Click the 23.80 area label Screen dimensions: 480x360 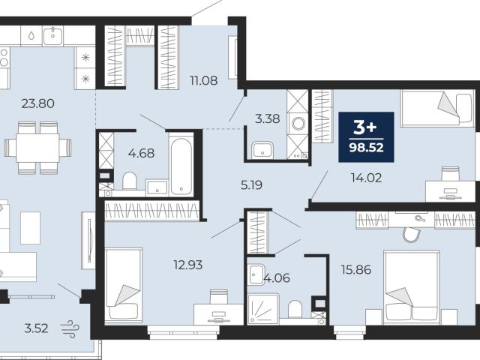(x=38, y=103)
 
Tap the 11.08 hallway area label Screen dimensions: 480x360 (x=204, y=81)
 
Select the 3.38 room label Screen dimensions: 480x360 (x=267, y=118)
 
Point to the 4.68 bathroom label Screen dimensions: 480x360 (x=141, y=153)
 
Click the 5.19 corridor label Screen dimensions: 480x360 (x=251, y=185)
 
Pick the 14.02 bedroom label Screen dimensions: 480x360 (x=367, y=178)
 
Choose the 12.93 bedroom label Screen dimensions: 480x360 (x=188, y=265)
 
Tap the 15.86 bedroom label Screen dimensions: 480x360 (x=356, y=270)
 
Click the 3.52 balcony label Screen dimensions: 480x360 (x=36, y=328)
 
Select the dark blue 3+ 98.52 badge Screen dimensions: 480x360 (x=366, y=137)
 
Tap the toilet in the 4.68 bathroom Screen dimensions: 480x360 (x=130, y=181)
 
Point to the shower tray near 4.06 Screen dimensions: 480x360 (x=263, y=309)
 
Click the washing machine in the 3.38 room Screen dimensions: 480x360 (x=298, y=124)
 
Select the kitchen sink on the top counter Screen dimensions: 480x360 (x=53, y=35)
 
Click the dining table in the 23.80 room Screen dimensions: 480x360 (x=37, y=148)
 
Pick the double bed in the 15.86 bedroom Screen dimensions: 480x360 (x=412, y=287)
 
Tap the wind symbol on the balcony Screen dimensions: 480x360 (x=70, y=328)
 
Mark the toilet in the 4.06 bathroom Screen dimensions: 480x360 (x=295, y=308)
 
